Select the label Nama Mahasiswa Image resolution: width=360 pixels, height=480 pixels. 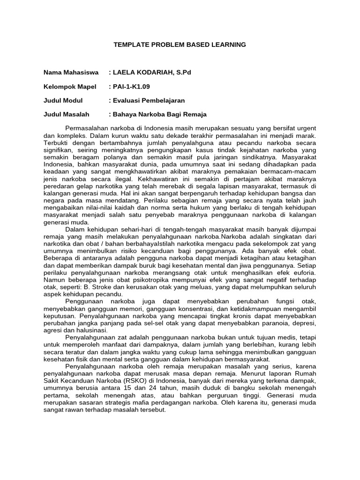71,73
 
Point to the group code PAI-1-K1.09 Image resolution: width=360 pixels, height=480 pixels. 131,87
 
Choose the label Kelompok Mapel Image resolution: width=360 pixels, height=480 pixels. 70,87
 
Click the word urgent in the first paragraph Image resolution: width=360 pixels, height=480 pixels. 306,128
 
